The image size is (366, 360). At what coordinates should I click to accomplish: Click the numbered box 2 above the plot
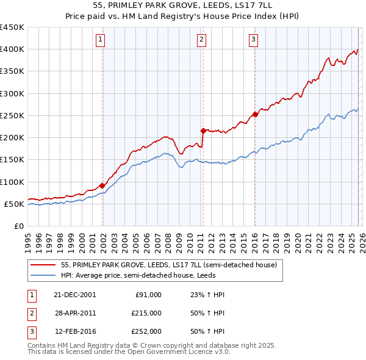(202, 40)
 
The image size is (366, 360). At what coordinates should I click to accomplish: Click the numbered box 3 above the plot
(253, 40)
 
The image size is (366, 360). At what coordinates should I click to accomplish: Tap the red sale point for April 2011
(203, 130)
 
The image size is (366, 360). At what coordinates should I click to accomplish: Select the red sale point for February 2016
(254, 114)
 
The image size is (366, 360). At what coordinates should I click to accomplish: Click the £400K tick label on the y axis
(12, 49)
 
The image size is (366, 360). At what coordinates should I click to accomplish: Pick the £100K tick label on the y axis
(12, 182)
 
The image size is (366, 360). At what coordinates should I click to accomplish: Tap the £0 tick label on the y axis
(19, 226)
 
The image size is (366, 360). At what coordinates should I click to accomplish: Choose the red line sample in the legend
(44, 265)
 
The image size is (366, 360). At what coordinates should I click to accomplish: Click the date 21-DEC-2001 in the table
(74, 295)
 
